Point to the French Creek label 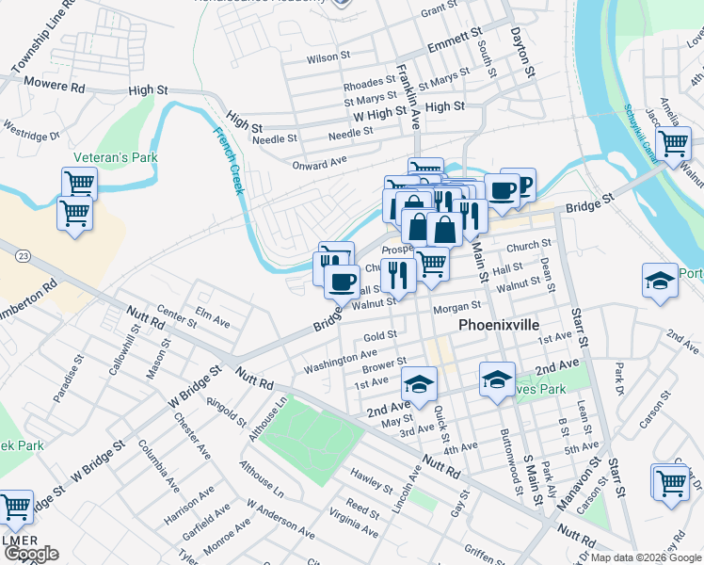click(229, 161)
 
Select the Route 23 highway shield click(23, 255)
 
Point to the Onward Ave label click(319, 164)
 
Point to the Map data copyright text click(646, 557)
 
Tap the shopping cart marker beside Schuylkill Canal click(673, 145)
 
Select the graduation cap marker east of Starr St click(660, 281)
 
